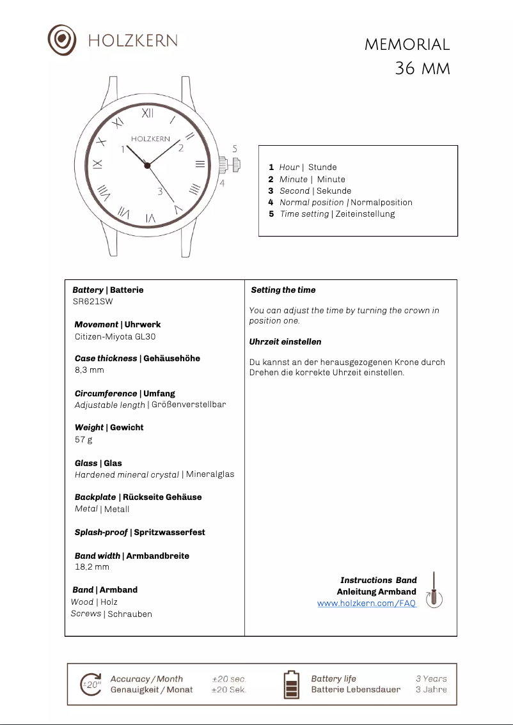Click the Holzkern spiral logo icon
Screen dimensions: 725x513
[62, 40]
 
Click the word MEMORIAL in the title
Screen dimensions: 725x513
[407, 45]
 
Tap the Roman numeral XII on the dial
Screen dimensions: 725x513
[148, 113]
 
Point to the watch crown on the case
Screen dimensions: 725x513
[232, 164]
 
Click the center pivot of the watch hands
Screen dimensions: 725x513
[147, 166]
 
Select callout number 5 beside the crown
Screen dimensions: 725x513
[235, 148]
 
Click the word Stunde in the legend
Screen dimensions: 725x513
[322, 168]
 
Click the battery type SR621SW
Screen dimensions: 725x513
[93, 302]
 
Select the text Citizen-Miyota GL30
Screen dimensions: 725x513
[115, 336]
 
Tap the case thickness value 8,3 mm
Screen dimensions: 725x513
[89, 370]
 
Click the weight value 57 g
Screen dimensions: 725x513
[83, 440]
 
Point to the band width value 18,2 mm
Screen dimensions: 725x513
[92, 567]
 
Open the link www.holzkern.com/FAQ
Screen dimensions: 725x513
[367, 604]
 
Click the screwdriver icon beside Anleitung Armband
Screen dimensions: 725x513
[434, 589]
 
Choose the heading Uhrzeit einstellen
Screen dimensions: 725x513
[285, 342]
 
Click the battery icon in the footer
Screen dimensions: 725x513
[291, 684]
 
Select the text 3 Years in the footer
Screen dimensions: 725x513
[431, 679]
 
